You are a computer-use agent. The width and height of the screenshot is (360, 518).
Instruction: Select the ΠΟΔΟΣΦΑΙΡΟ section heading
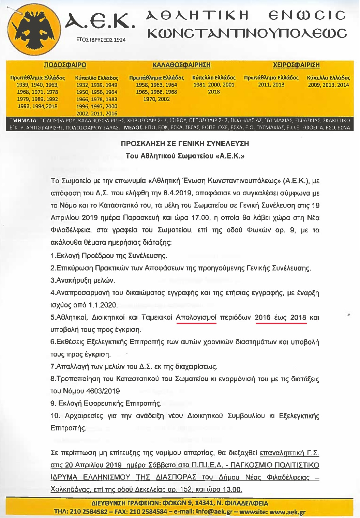[65, 65]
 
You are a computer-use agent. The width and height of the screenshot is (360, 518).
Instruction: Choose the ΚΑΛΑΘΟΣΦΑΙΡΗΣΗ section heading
[181, 65]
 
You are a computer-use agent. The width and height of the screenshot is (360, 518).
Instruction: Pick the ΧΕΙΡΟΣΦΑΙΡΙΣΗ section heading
[296, 65]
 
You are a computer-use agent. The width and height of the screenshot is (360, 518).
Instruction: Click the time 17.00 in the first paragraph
[200, 218]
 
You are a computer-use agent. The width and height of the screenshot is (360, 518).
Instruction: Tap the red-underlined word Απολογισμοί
[196, 317]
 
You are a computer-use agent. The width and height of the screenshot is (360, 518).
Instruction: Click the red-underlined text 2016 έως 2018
[281, 317]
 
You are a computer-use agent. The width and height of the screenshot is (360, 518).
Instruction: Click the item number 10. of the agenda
[55, 416]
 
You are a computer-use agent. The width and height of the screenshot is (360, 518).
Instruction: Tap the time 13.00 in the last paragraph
[232, 490]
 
